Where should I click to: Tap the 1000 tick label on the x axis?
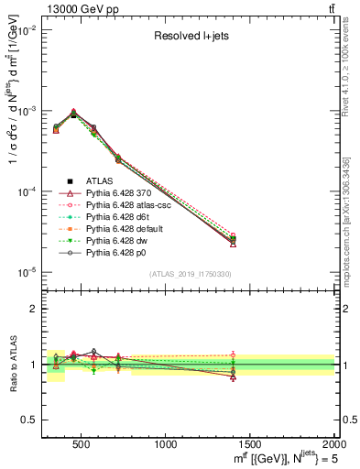166,444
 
